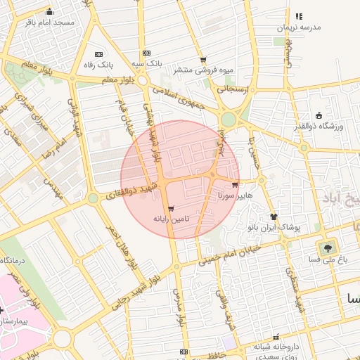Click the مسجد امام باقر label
pos(49,22)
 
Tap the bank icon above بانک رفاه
pos(98,54)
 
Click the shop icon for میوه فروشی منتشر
pos(203,60)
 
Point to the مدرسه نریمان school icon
pos(299,16)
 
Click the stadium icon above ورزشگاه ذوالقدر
pos(319,115)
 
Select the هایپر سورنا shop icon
pos(234,184)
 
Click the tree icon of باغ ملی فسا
pos(327,247)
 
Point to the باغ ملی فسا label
pos(327,259)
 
